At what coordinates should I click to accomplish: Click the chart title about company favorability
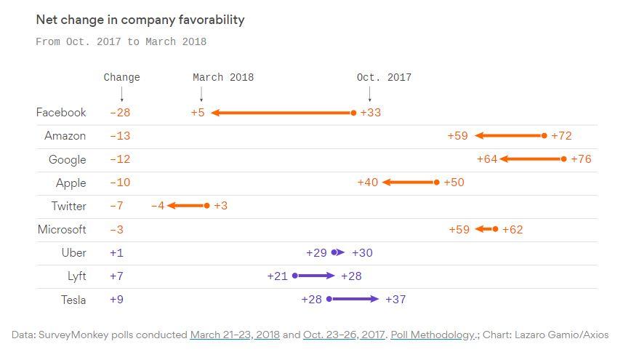[x=140, y=20]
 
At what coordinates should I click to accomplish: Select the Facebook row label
[x=61, y=113]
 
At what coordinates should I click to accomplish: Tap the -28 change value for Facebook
[x=120, y=113]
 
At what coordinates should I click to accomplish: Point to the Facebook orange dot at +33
[x=354, y=113]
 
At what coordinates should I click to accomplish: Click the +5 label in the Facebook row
[x=198, y=113]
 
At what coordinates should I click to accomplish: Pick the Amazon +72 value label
[x=561, y=136]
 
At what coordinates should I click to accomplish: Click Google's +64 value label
[x=486, y=159]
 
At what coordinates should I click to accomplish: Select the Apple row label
[x=71, y=183]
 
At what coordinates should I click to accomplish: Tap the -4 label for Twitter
[x=158, y=206]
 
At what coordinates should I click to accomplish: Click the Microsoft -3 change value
[x=116, y=230]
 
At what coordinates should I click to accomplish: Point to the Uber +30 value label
[x=362, y=253]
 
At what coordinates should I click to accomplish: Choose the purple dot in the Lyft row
[x=295, y=276]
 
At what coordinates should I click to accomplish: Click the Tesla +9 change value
[x=116, y=300]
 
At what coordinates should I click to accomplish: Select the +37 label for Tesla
[x=395, y=300]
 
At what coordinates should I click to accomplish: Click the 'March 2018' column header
[x=223, y=77]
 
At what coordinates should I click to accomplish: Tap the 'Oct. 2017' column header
[x=384, y=77]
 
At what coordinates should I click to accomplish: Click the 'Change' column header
[x=121, y=77]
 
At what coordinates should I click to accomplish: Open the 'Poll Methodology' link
[x=433, y=335]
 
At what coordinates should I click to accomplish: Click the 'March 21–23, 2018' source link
[x=235, y=335]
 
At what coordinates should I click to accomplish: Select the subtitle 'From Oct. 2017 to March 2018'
[x=121, y=42]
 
